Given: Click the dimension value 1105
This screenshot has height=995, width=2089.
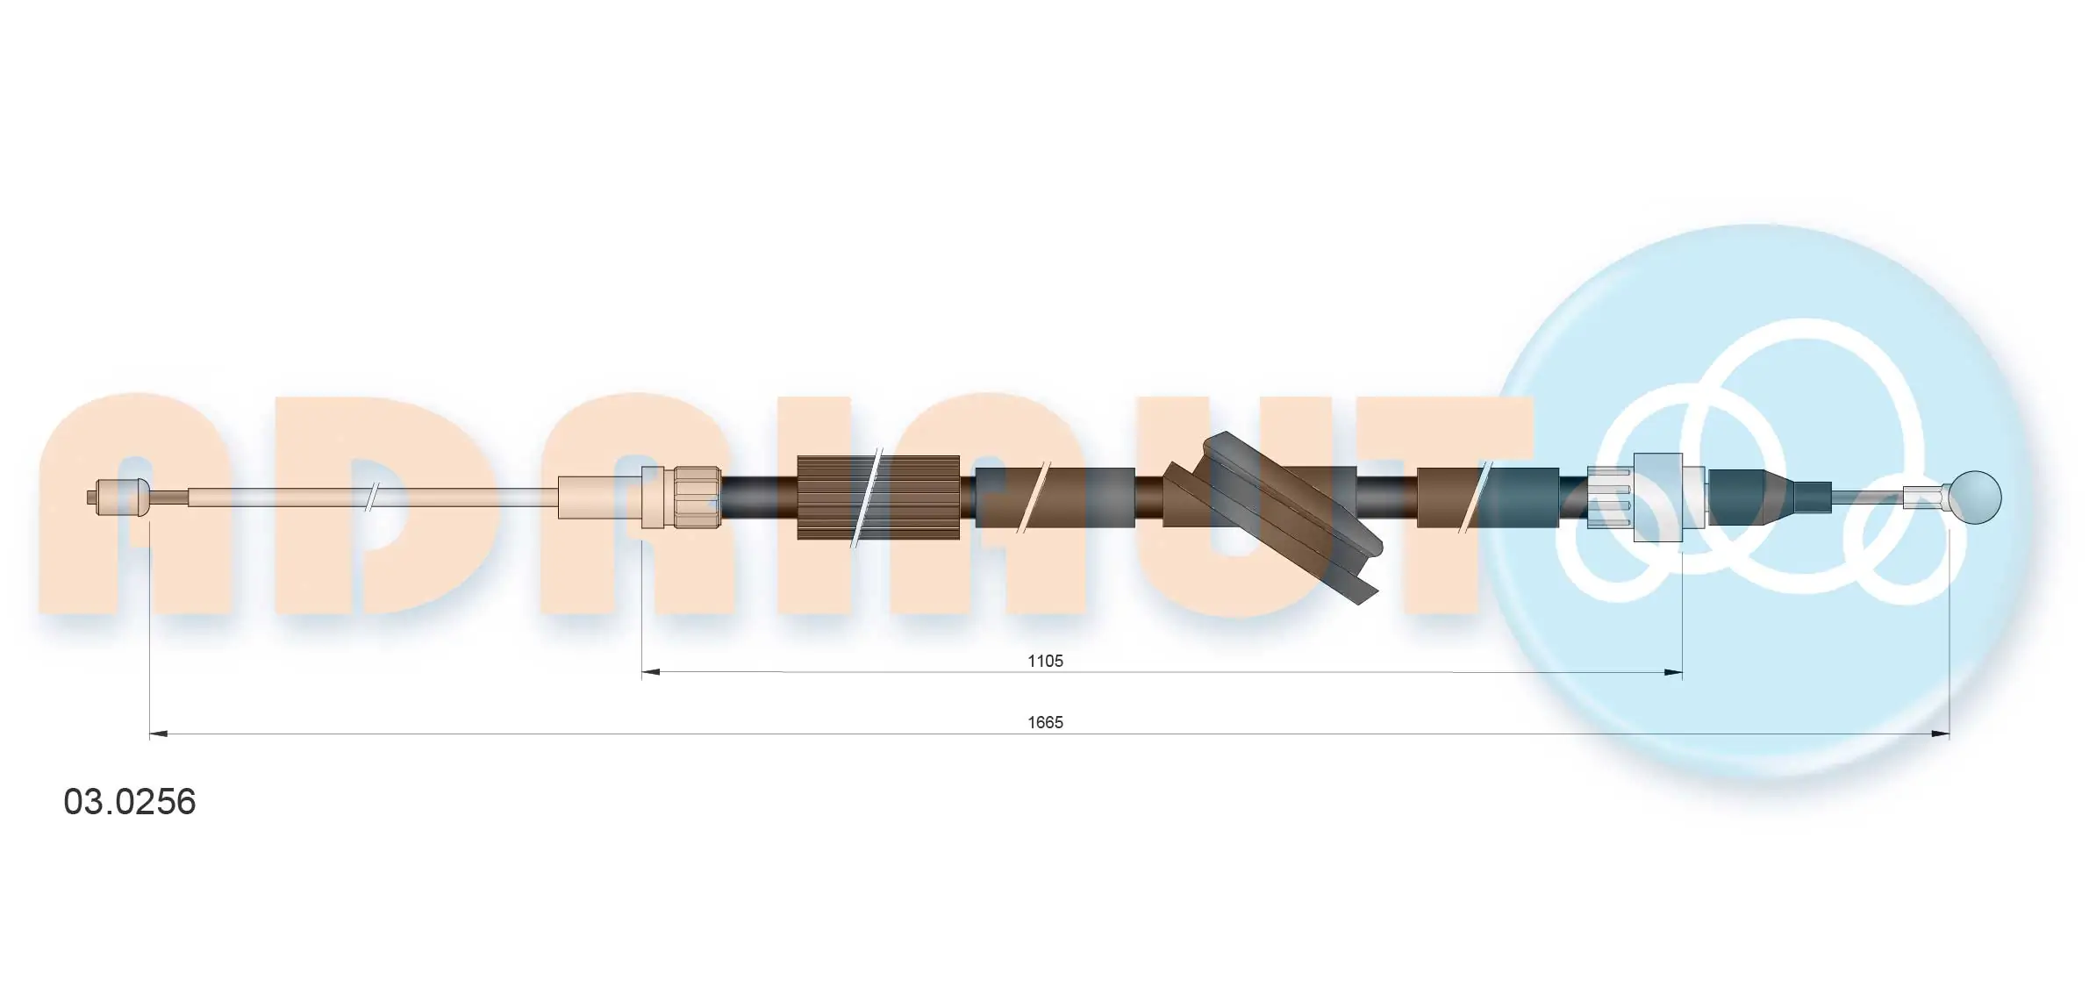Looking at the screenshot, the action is [x=1045, y=661].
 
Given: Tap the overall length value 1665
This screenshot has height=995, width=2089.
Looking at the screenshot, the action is [x=1045, y=722].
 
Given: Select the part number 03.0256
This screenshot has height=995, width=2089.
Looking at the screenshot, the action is [x=130, y=802].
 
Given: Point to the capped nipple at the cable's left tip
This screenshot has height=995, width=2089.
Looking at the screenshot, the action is [x=120, y=497].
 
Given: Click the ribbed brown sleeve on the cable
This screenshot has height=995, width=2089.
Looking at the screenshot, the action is [x=878, y=497].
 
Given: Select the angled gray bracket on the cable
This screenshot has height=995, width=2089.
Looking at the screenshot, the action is [x=1272, y=518].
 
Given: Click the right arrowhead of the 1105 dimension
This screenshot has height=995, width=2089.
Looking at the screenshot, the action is [x=1673, y=673].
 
